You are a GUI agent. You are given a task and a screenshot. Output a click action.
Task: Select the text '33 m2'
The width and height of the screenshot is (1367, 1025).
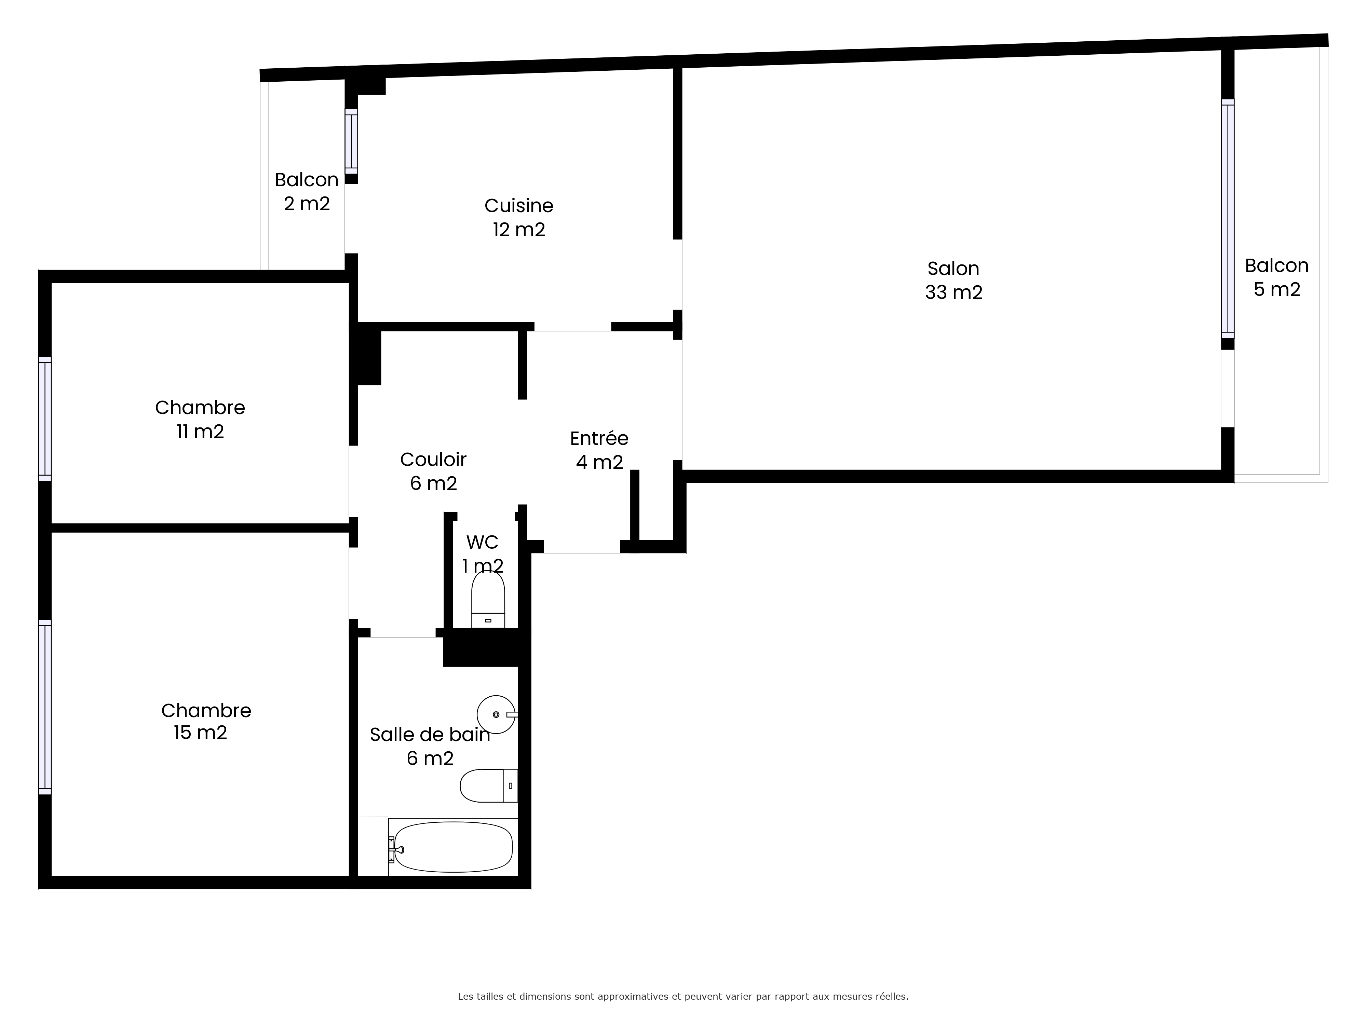tap(953, 292)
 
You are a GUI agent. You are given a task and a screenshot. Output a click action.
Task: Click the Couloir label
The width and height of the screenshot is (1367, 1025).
tap(433, 460)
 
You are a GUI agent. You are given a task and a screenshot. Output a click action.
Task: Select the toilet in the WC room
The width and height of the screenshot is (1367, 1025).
tap(488, 599)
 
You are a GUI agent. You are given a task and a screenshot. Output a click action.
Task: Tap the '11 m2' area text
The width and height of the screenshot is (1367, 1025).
tap(200, 431)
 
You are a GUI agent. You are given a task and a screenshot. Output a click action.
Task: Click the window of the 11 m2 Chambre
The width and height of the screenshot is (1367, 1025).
tap(45, 418)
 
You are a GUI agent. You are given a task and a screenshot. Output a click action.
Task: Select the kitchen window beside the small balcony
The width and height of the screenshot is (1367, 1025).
tap(351, 141)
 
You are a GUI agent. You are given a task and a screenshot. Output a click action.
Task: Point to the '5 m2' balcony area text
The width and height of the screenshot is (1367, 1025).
tap(1277, 289)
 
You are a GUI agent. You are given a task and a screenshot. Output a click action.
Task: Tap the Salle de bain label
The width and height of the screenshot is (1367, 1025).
tap(430, 735)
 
